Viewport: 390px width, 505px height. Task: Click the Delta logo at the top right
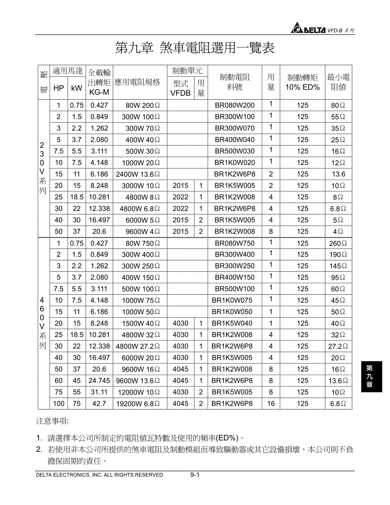click(308, 29)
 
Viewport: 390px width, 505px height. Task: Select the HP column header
click(58, 88)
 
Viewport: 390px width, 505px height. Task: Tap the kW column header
click(76, 88)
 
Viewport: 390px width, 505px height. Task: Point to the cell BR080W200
click(234, 105)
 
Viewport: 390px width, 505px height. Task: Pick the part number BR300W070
click(234, 128)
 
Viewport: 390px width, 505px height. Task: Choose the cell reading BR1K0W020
click(234, 162)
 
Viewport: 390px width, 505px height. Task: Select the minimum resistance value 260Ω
click(338, 243)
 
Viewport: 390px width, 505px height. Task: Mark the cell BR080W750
click(234, 243)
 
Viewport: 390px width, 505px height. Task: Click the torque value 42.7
click(99, 404)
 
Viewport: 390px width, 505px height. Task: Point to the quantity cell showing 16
click(271, 404)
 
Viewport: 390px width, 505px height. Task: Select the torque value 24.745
click(99, 381)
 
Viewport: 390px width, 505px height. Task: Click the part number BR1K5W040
click(232, 323)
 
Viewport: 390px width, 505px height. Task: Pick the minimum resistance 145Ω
click(338, 266)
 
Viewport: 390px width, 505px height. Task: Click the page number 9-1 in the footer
click(195, 475)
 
